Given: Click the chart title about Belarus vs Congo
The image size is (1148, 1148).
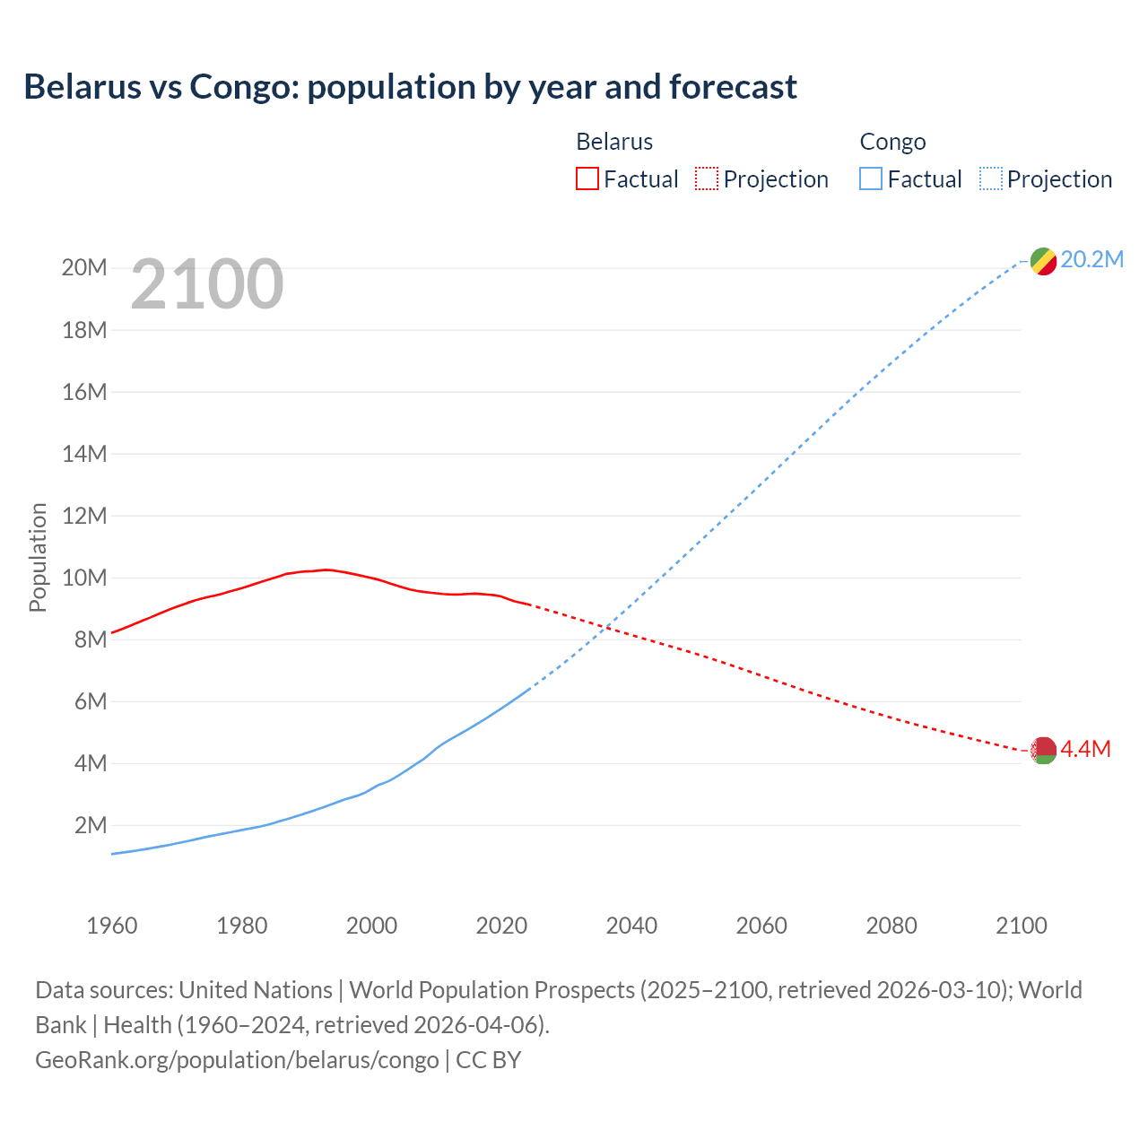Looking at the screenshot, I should [x=410, y=87].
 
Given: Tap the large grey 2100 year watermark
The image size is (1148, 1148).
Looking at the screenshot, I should [x=207, y=284].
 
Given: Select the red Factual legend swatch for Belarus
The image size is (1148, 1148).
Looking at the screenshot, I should [x=587, y=179].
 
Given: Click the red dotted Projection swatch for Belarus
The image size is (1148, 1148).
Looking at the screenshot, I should [x=707, y=179].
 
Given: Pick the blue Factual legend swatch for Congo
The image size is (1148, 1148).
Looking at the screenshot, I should [x=870, y=179].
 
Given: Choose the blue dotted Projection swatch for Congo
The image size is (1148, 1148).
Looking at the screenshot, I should [x=991, y=179].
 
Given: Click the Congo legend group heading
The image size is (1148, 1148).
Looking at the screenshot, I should [x=892, y=142].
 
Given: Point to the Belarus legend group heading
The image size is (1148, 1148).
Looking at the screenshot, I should [x=614, y=142].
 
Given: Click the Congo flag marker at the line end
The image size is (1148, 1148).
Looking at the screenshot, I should [x=1043, y=261].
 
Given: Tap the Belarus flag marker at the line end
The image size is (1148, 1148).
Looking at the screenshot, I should [x=1043, y=750].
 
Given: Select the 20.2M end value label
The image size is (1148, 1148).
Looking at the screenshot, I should [x=1091, y=260].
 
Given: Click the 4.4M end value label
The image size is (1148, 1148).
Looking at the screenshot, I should [x=1085, y=749].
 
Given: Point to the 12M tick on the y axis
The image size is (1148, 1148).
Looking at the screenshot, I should [x=84, y=516].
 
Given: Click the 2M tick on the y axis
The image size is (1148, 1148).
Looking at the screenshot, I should [x=90, y=825].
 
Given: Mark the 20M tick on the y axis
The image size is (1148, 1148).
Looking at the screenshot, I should [x=84, y=268].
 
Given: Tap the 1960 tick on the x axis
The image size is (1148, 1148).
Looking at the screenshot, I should [x=112, y=926].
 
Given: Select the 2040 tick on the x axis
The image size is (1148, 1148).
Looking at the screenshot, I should [x=631, y=926].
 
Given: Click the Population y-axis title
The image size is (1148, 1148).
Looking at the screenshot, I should [x=38, y=557].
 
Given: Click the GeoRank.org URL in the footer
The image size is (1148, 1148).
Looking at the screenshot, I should [x=237, y=1060].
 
